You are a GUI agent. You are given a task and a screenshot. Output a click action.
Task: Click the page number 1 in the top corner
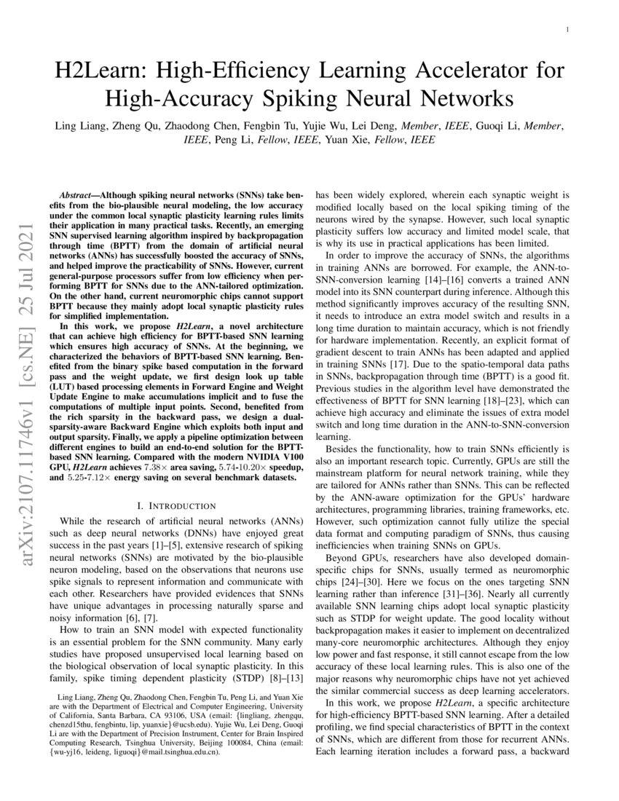tap(567, 31)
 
